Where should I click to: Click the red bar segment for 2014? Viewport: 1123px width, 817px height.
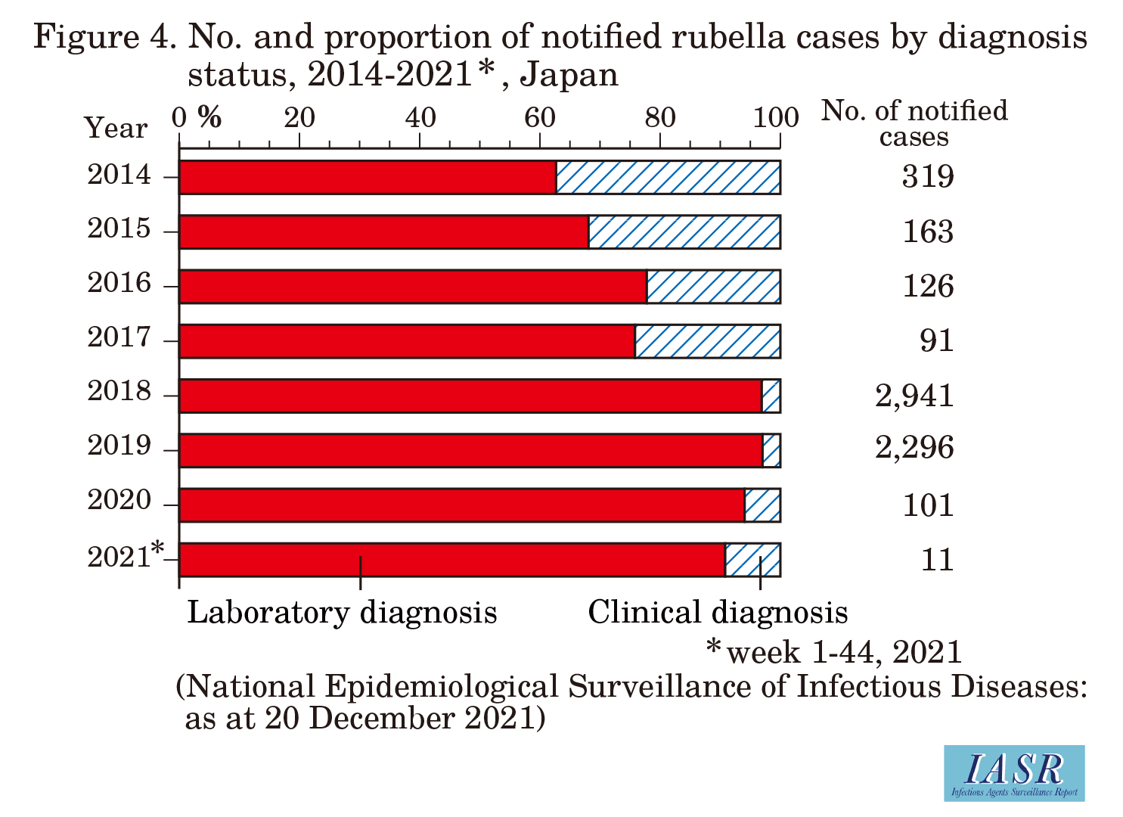point(368,178)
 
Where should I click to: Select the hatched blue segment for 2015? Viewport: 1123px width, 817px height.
point(684,232)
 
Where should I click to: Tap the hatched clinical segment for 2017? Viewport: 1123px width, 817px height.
point(707,341)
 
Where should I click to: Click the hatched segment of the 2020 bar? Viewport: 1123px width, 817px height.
point(762,505)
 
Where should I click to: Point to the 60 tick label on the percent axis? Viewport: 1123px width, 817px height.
point(539,117)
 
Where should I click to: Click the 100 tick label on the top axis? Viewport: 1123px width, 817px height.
point(777,117)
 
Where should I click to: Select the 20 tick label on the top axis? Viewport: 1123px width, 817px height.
point(299,117)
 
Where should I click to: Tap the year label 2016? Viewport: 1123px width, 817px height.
point(119,283)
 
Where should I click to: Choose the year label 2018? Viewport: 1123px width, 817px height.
point(119,392)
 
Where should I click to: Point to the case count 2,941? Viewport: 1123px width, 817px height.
point(914,395)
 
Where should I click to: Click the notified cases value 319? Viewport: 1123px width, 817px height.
point(928,177)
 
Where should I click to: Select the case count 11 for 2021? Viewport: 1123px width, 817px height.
point(937,560)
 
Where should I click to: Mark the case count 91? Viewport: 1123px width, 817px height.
point(936,340)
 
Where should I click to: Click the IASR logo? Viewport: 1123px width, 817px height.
point(1014,772)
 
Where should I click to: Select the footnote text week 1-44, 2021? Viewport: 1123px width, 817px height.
point(844,652)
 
